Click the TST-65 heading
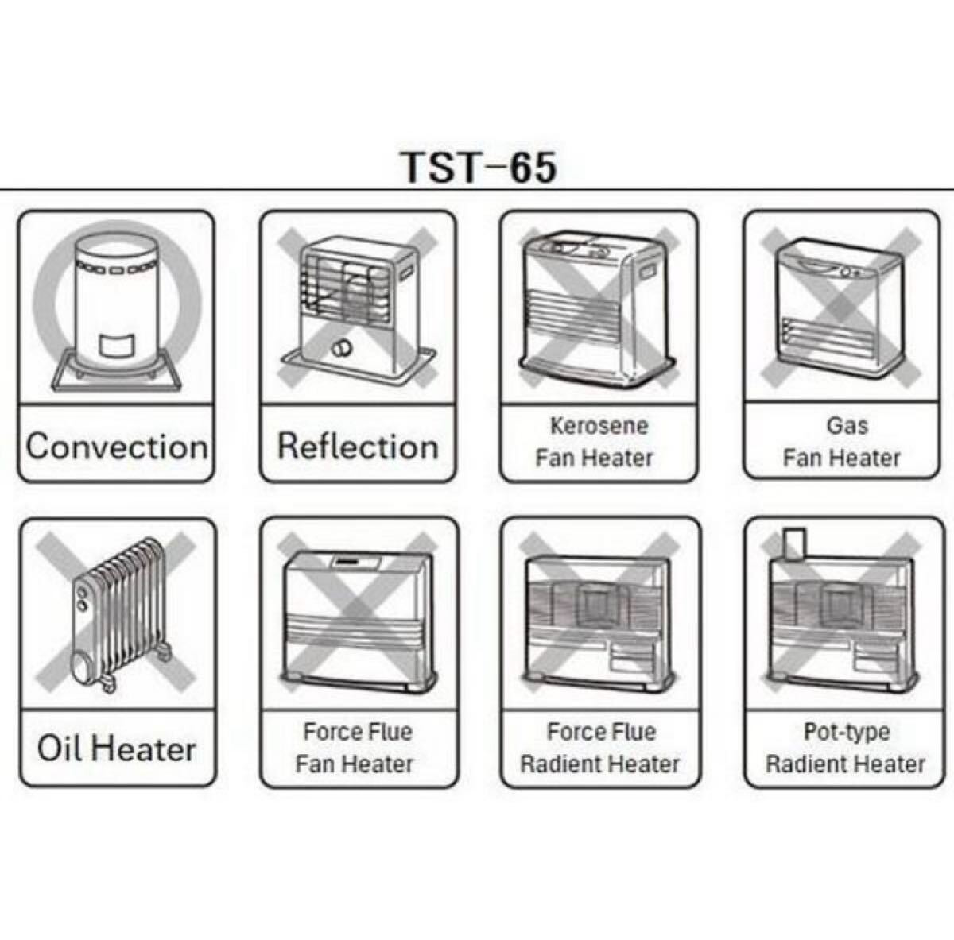click(x=478, y=167)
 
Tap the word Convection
click(x=117, y=446)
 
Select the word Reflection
click(x=358, y=446)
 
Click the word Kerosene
click(x=599, y=425)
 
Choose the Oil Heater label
click(x=117, y=749)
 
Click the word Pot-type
click(x=846, y=731)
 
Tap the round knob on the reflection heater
click(x=343, y=348)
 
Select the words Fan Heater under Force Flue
click(x=355, y=764)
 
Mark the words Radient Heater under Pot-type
click(x=845, y=764)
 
